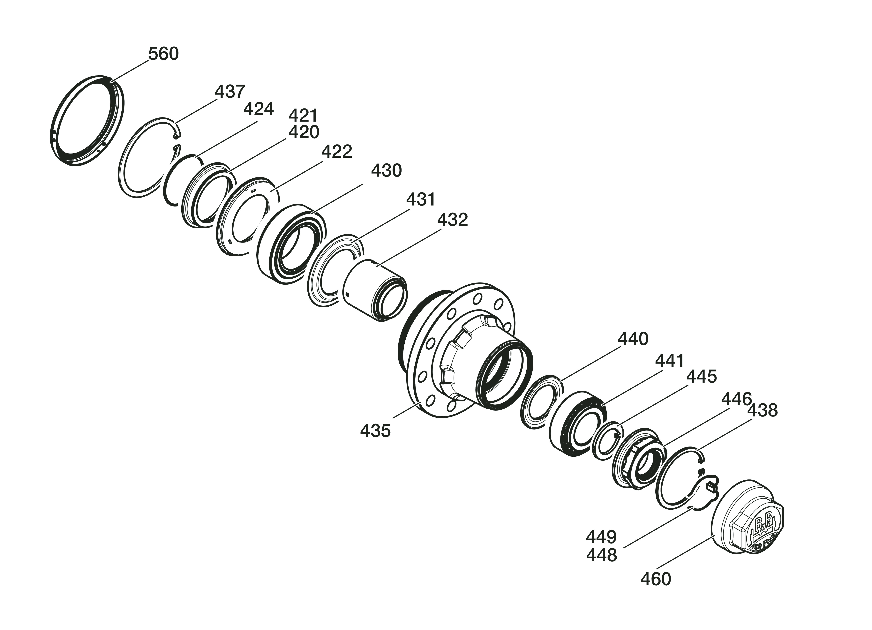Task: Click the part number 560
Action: pyautogui.click(x=163, y=54)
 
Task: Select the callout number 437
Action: pyautogui.click(x=230, y=92)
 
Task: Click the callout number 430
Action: pyautogui.click(x=386, y=170)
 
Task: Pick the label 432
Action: pyautogui.click(x=452, y=220)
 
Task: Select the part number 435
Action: pyautogui.click(x=375, y=431)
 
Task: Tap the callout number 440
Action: pyautogui.click(x=633, y=339)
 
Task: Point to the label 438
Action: pyautogui.click(x=762, y=410)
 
